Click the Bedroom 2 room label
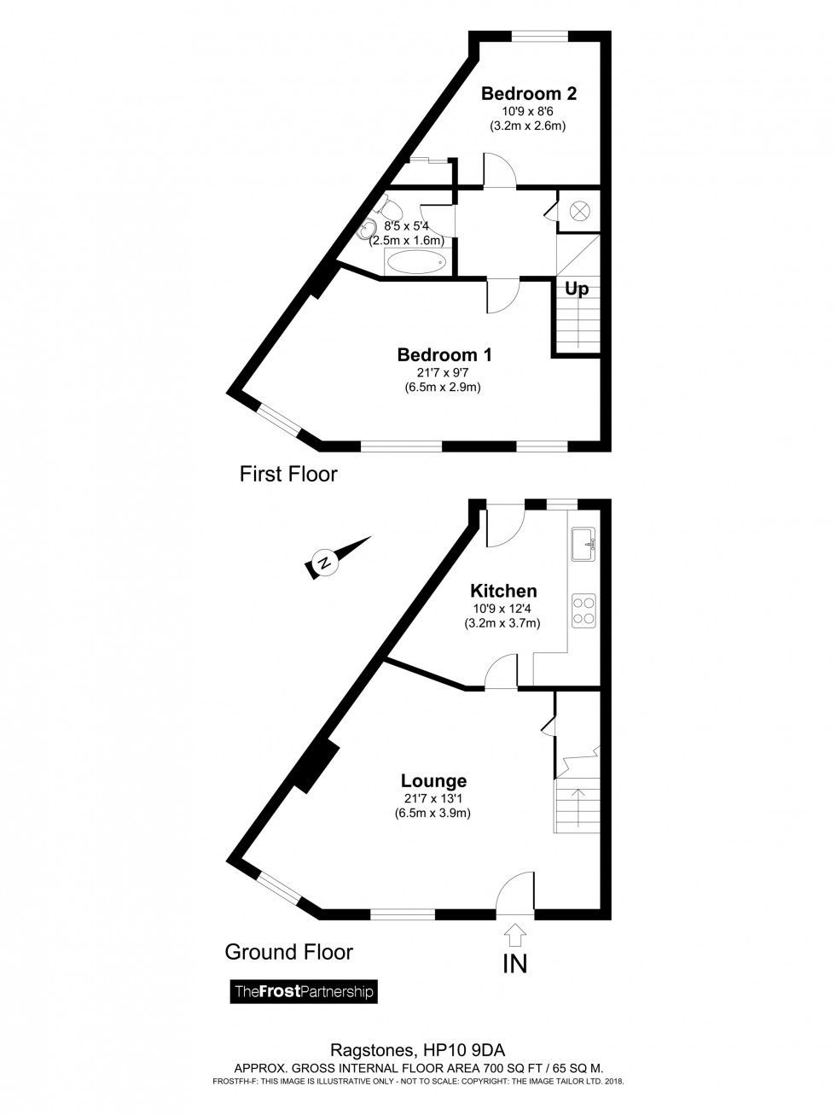[x=529, y=93]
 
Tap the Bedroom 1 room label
[x=444, y=354]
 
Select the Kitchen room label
[x=503, y=591]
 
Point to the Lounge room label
[x=433, y=780]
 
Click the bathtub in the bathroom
[x=417, y=262]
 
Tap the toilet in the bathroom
[x=391, y=207]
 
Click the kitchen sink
[x=583, y=544]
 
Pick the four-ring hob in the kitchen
[x=583, y=611]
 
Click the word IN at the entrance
[x=515, y=964]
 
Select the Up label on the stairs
[x=577, y=289]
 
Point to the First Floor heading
[x=288, y=474]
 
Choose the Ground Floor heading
[x=288, y=951]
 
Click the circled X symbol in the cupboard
[x=579, y=210]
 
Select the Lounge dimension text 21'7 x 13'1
[x=433, y=799]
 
